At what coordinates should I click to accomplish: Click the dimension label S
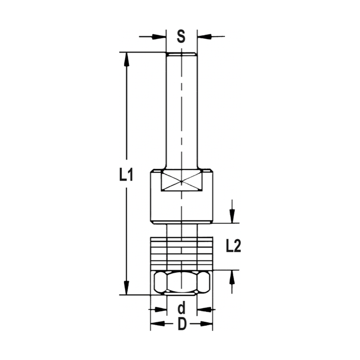click(181, 36)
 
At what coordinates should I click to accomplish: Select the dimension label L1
click(126, 176)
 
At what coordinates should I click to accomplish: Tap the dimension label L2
click(233, 247)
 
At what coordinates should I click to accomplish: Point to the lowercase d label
click(181, 309)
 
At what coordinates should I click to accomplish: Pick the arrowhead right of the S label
click(204, 36)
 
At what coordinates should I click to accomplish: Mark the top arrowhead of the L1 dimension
click(126, 59)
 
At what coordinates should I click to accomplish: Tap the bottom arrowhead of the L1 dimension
click(126, 288)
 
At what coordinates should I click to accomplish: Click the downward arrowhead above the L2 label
click(233, 216)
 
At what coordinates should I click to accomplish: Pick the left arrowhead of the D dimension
click(157, 324)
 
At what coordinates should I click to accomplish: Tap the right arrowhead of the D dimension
click(206, 324)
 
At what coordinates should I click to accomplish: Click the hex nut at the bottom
click(181, 282)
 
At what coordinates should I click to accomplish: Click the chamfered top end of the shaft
click(181, 54)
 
